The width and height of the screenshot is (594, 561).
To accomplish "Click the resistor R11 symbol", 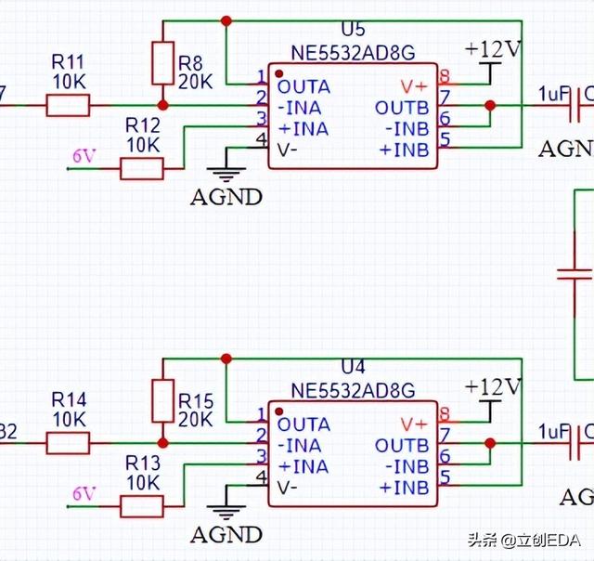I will [x=68, y=106].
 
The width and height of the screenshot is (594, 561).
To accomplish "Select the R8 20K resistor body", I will [x=163, y=63].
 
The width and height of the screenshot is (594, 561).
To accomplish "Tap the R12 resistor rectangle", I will [x=142, y=168].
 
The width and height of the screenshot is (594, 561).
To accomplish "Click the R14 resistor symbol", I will [x=68, y=443].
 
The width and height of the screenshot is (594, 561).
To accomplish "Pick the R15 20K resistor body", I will [x=163, y=400].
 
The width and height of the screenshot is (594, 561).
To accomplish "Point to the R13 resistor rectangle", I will [x=142, y=505].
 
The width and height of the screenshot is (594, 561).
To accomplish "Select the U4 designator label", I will [x=354, y=368].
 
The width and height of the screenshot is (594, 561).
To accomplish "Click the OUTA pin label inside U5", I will [x=303, y=85].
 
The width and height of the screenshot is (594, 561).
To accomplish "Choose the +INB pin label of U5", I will [x=404, y=149].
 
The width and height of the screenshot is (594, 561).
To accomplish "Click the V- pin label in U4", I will [x=287, y=486].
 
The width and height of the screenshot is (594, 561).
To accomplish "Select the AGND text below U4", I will [x=226, y=535].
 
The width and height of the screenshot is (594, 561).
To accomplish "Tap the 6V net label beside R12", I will [x=84, y=156].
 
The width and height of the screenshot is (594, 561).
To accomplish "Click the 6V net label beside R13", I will [x=84, y=493].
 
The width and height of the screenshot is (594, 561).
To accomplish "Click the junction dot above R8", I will [x=226, y=20].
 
